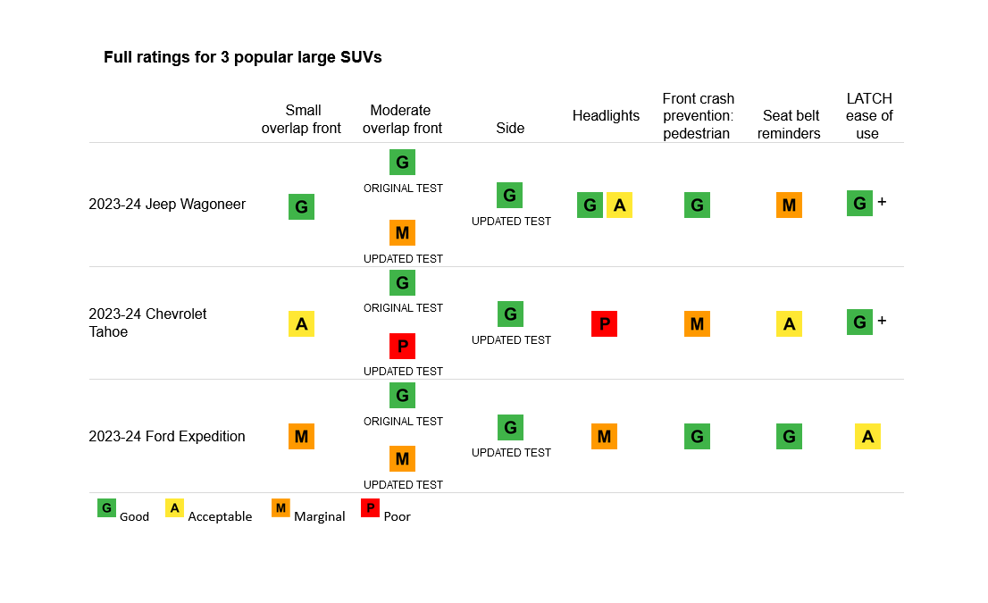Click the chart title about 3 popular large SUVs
coord(242,57)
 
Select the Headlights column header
coord(606,115)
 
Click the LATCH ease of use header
coord(868,116)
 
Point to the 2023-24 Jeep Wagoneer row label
coord(167,204)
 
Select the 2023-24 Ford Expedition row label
coord(167,436)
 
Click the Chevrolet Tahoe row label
coord(147,322)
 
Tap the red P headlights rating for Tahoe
coord(604,323)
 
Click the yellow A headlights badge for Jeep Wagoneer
coord(619,205)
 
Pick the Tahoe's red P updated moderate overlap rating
coord(402,346)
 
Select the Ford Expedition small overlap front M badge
coord(301,436)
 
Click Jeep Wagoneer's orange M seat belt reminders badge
coord(789,205)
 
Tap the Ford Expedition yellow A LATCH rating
coord(867,436)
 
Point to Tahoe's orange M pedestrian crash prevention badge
coord(697,323)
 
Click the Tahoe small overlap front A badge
coord(301,323)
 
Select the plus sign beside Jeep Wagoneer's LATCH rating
coord(882,202)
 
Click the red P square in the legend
coord(370,508)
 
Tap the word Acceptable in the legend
coord(220,516)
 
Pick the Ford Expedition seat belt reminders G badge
coord(789,436)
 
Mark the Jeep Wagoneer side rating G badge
coord(509,195)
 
